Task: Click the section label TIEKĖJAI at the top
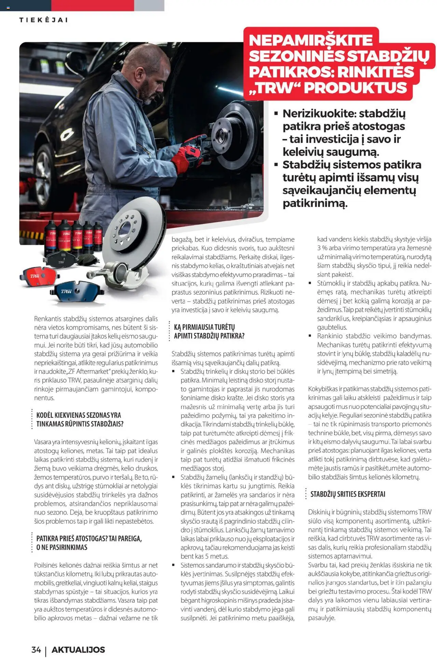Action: point(43,20)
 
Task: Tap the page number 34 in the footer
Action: point(36,649)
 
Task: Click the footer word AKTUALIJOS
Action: point(78,649)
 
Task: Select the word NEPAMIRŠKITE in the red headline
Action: point(311,40)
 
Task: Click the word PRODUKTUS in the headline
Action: point(355,88)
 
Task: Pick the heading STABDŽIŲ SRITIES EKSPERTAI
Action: point(348,494)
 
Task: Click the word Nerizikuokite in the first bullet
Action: point(318,113)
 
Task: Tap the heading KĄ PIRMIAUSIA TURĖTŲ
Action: point(204,327)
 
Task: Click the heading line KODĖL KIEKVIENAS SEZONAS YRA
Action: point(79,415)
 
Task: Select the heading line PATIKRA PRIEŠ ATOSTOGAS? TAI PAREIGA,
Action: point(89,539)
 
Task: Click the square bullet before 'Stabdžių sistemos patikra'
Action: point(276,165)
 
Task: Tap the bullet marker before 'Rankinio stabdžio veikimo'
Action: point(310,336)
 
